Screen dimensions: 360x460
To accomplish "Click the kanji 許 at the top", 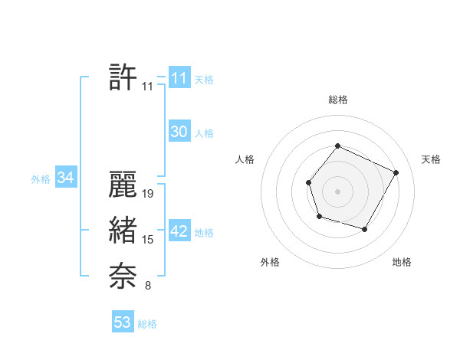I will tap(123, 77).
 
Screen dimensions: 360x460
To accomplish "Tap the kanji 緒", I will tap(123, 231).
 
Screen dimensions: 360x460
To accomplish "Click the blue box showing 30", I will tap(179, 132).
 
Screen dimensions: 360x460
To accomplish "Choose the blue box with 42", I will tap(179, 231).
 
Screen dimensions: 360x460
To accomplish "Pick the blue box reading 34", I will tap(65, 178).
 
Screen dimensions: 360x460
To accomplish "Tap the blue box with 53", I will tap(122, 322).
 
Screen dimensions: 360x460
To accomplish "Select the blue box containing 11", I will tap(179, 78).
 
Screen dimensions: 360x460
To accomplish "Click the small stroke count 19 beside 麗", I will tap(149, 194).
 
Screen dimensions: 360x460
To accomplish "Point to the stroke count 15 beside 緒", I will tap(149, 240).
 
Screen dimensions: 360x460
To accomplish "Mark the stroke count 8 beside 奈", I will tap(148, 286).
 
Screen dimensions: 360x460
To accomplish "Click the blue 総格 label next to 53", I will tap(147, 324).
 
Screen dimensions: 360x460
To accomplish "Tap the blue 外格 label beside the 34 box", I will tap(41, 179).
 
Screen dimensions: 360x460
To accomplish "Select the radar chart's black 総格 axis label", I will tap(338, 100).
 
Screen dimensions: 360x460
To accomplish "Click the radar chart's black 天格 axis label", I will tap(431, 159).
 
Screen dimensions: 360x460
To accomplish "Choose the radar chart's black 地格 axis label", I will tap(402, 262).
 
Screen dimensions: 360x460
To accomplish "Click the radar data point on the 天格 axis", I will tap(396, 172).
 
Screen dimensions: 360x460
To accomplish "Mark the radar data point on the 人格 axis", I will tap(308, 182).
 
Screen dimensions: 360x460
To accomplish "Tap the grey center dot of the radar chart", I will tap(337, 191).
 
